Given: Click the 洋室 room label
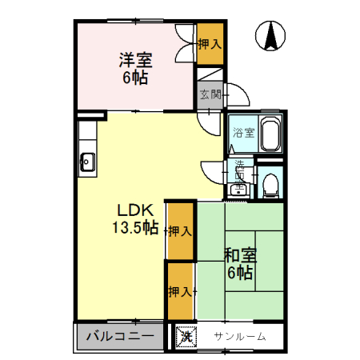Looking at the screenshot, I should (x=136, y=60).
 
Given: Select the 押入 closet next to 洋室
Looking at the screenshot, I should (x=210, y=45).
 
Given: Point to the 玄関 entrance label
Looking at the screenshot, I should (x=210, y=94).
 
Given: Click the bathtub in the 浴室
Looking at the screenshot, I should (x=270, y=133).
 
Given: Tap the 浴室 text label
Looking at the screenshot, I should (x=243, y=134).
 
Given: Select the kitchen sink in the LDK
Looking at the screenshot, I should (x=87, y=165).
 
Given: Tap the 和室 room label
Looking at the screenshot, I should (x=240, y=256).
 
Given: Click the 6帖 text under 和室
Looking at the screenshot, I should (x=240, y=273).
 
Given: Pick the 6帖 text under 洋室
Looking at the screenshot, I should (x=136, y=78).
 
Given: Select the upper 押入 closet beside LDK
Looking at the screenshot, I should (x=180, y=232).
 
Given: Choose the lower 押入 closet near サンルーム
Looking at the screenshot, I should (x=180, y=291).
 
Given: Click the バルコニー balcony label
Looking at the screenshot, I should (x=120, y=336).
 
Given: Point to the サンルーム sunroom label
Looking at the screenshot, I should (x=239, y=337).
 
